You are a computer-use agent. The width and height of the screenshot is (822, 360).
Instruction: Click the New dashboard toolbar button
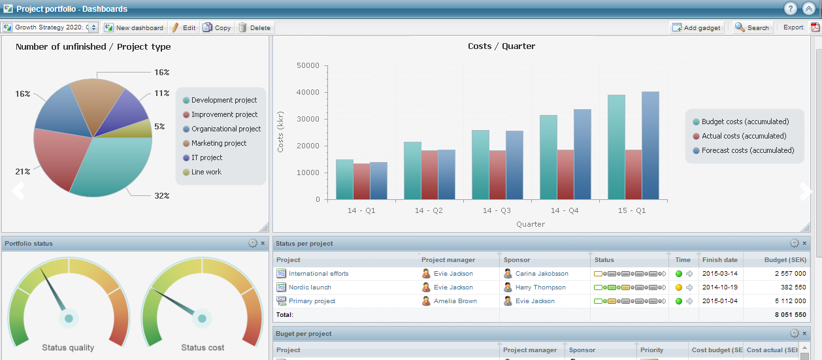coord(135,27)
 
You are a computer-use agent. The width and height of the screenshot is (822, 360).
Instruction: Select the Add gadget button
coord(697,27)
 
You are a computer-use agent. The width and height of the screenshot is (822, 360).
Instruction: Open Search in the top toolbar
coord(753,27)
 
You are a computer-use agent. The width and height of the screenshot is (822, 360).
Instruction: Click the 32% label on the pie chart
coord(162,195)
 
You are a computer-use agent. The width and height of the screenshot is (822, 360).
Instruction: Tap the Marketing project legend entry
coord(219,143)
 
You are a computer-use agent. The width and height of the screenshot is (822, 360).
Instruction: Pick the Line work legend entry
coord(206,172)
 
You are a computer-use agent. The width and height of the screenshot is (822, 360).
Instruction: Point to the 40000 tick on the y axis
coord(308,92)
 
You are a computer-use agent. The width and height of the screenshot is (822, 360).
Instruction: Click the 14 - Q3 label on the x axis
coord(497,210)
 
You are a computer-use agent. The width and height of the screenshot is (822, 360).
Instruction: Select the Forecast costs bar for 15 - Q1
coord(650,145)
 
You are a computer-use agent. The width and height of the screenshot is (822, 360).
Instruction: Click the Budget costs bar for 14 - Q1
coord(344,179)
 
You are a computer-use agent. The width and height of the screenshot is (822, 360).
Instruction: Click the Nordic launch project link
coord(310,287)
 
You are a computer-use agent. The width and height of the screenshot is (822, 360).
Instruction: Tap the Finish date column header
coord(720,259)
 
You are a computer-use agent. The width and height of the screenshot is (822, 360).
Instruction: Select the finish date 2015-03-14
coord(720,274)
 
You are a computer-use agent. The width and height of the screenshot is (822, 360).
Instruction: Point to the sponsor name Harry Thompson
coord(540,287)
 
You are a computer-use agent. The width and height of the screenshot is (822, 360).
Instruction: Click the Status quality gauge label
coord(68,348)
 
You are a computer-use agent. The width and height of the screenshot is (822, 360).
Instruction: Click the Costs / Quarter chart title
coord(501,46)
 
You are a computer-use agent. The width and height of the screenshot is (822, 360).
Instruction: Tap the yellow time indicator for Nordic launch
coord(679,287)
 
